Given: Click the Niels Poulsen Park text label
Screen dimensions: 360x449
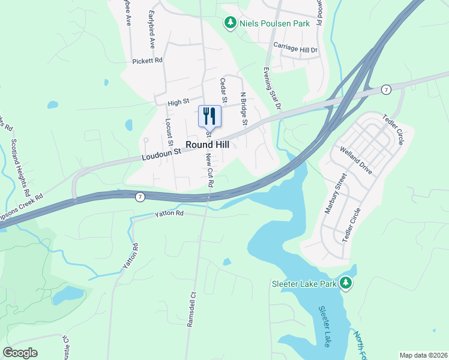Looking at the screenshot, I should click(x=274, y=23).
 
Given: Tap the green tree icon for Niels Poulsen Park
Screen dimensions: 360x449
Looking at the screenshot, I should click(x=230, y=23).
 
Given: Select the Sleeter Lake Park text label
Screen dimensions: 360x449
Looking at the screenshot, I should click(x=304, y=283).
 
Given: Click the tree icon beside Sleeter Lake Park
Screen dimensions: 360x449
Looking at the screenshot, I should click(x=345, y=283).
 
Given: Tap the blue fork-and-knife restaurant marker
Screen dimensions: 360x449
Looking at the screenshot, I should click(x=209, y=115).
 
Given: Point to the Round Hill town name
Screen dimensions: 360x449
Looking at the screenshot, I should click(x=208, y=145).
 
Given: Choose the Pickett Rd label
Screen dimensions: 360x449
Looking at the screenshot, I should click(x=148, y=61).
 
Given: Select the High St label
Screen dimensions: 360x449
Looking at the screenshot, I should click(x=178, y=103).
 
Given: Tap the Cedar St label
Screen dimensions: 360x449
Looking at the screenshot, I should click(x=224, y=91).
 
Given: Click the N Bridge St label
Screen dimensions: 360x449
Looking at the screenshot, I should click(x=244, y=109).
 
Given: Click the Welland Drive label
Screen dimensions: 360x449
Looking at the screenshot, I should click(x=355, y=160).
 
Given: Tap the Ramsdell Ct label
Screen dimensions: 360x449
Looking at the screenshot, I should click(x=192, y=309).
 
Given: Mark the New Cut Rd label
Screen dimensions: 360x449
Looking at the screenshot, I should click(x=209, y=169).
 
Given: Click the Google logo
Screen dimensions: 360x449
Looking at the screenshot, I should click(x=20, y=353).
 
